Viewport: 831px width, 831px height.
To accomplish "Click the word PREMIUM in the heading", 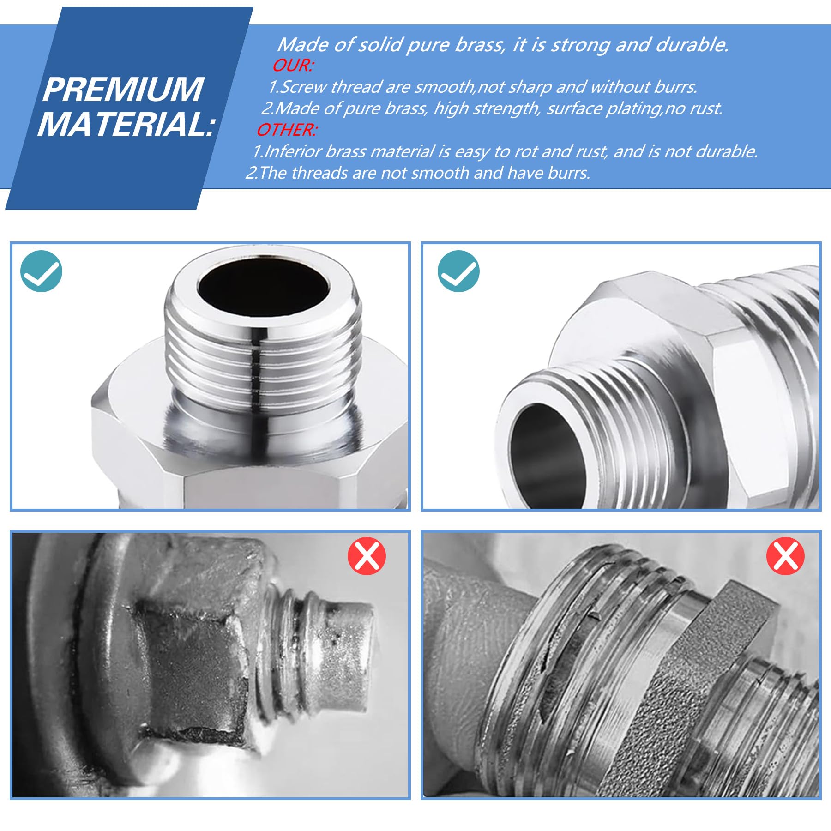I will (123, 90).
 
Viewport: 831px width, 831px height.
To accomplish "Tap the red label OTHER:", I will (286, 130).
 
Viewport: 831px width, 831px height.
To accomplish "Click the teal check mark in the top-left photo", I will (42, 271).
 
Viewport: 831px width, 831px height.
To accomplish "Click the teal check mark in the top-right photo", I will (458, 271).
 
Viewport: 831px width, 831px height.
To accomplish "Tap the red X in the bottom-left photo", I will (367, 555).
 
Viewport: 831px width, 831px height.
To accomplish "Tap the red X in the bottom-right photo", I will (785, 555).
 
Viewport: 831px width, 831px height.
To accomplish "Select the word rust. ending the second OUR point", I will (706, 108).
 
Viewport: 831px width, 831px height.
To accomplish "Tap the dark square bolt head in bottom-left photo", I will (194, 665).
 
